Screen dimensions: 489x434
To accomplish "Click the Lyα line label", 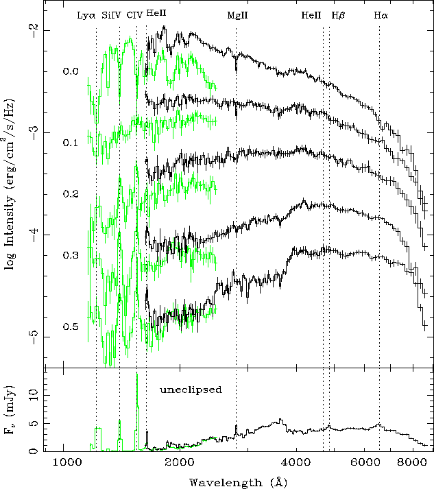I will coord(87,14).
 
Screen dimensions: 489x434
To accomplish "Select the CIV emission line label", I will coord(135,14).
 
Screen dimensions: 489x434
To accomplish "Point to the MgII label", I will coord(237,14).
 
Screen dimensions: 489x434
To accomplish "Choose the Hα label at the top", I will coord(381,14).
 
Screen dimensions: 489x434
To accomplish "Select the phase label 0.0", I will coord(71,71).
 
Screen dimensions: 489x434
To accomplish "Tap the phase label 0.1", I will coord(71,143).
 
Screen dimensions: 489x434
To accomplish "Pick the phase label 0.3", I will coord(71,255).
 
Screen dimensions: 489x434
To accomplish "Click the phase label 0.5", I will coord(71,326).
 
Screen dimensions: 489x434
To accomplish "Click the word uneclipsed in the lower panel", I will coord(191,390).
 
